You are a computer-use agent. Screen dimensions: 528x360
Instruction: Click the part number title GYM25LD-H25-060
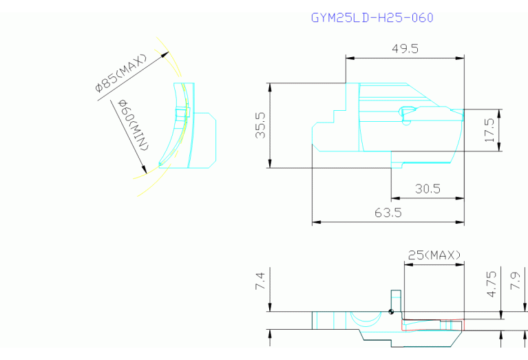coord(372,17)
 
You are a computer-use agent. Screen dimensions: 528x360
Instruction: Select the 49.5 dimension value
coord(405,49)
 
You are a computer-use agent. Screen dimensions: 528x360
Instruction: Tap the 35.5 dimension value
coord(260,125)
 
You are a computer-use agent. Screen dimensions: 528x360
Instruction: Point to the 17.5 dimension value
coord(489,130)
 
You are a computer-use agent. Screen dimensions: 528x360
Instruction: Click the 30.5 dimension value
coord(427,189)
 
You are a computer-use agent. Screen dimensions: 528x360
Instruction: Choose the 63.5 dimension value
coord(388,213)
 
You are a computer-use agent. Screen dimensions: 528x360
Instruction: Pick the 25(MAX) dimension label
coord(434,255)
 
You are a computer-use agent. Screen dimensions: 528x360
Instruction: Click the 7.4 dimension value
coord(260,282)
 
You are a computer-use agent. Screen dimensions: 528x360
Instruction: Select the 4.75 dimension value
coord(492,284)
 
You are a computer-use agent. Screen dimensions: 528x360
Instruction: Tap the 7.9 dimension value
coord(516,281)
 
